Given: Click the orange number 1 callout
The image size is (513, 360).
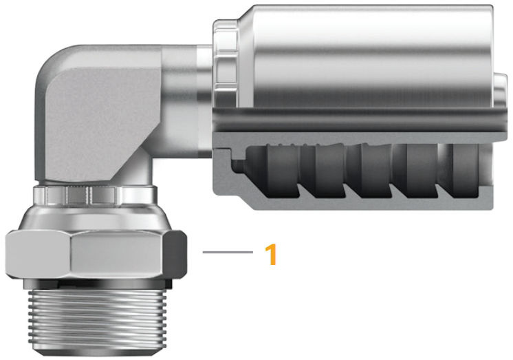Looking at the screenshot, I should pyautogui.click(x=271, y=255).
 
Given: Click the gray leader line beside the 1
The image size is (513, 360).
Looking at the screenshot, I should pyautogui.click(x=227, y=253).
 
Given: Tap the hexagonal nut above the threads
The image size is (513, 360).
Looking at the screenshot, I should pyautogui.click(x=89, y=255).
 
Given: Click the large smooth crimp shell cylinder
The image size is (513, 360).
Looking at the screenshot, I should pyautogui.click(x=364, y=55).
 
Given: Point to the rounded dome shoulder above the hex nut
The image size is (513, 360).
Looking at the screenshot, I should pyautogui.click(x=96, y=217).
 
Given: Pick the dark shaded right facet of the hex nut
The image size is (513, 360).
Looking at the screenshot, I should pyautogui.click(x=178, y=255).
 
